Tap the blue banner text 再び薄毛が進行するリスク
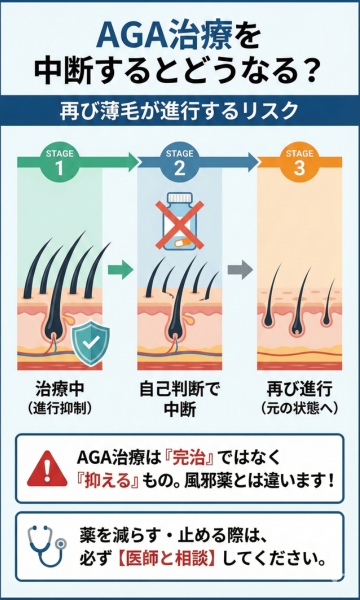[180, 107]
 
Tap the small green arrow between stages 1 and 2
[120, 269]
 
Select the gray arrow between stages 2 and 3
[238, 269]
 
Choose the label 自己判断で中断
[180, 400]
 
